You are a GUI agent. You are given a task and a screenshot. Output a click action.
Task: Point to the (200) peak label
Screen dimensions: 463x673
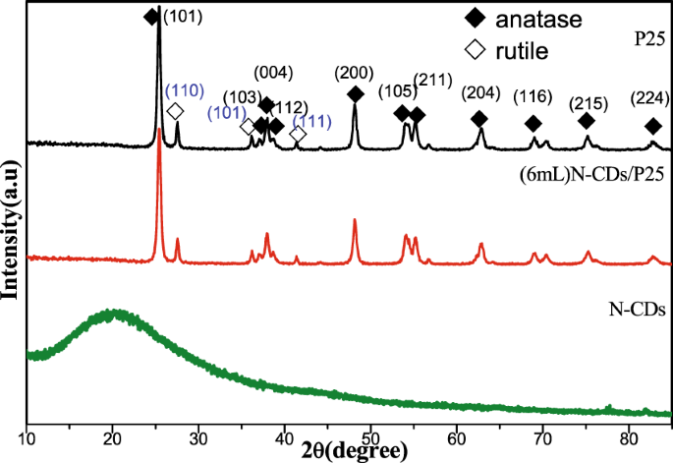tap(353, 73)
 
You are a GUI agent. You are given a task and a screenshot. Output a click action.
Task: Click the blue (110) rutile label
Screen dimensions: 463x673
tap(184, 90)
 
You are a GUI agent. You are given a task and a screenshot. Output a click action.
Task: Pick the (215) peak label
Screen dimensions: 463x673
tap(588, 101)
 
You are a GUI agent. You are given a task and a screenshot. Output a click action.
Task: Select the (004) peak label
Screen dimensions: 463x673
tap(271, 73)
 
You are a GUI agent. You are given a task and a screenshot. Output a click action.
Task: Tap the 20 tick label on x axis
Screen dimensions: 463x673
tap(113, 437)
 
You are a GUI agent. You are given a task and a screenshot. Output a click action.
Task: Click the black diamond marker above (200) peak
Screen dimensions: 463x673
tap(355, 94)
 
